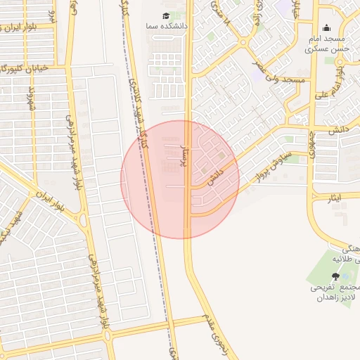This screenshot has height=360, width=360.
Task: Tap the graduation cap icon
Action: (166, 15)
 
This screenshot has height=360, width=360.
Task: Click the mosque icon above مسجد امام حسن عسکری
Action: (326, 28)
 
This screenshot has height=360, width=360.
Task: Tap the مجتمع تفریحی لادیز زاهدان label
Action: (336, 293)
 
